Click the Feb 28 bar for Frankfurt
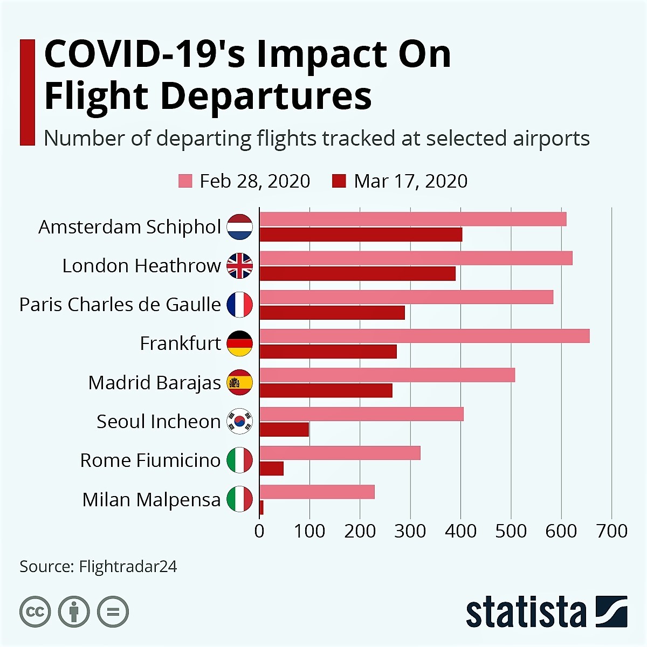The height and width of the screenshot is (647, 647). click(424, 336)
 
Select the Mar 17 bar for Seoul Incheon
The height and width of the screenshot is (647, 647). click(284, 430)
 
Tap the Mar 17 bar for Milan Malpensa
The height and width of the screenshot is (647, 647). click(261, 507)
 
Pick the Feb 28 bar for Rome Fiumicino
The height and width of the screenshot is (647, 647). click(340, 453)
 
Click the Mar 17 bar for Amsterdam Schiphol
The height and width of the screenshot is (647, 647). click(361, 235)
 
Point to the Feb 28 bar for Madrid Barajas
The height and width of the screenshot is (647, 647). click(387, 375)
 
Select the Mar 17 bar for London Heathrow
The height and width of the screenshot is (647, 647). click(357, 273)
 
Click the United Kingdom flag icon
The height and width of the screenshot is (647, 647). click(239, 266)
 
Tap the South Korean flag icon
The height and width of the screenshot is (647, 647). click(239, 421)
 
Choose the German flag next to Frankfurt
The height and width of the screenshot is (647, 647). click(239, 343)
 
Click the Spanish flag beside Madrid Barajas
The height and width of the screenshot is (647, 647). click(239, 382)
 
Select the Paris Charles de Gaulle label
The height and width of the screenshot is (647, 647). click(120, 305)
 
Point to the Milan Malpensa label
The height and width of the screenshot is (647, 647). click(151, 500)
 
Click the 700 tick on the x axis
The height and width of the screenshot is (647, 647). click(611, 531)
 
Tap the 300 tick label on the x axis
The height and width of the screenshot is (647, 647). click(410, 531)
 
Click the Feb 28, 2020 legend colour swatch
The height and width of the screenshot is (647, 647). click(185, 181)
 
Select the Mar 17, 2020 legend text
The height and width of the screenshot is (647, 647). click(410, 181)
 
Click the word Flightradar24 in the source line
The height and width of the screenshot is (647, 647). click(128, 567)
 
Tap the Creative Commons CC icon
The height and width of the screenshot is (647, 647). click(35, 612)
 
